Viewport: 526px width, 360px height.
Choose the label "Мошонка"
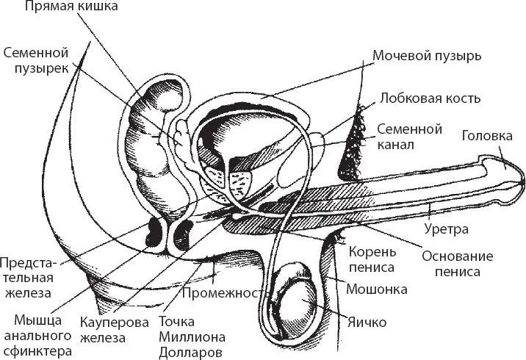(x=376, y=289)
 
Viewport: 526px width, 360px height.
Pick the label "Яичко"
(x=368, y=321)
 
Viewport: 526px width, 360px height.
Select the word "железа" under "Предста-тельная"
(x=26, y=294)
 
